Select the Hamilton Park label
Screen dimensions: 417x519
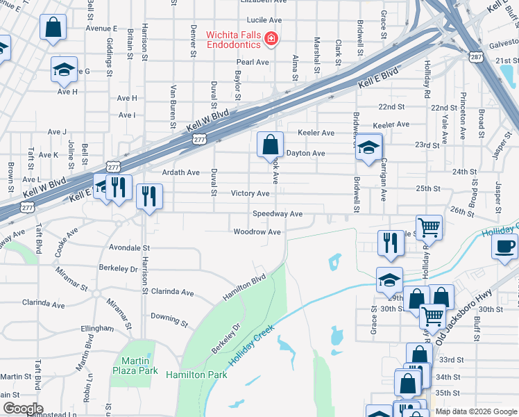click(x=196, y=375)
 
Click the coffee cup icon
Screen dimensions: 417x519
click(x=504, y=246)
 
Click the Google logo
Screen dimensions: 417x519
click(x=23, y=408)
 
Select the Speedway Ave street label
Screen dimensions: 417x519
click(x=278, y=214)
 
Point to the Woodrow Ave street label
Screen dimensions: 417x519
click(x=257, y=231)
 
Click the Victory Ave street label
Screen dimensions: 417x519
click(x=250, y=193)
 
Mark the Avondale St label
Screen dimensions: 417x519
click(x=130, y=247)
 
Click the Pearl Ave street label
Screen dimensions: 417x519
click(x=253, y=62)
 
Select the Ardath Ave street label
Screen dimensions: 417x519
click(x=180, y=172)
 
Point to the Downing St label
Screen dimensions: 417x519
click(x=170, y=319)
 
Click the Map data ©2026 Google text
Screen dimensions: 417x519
click(x=475, y=411)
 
